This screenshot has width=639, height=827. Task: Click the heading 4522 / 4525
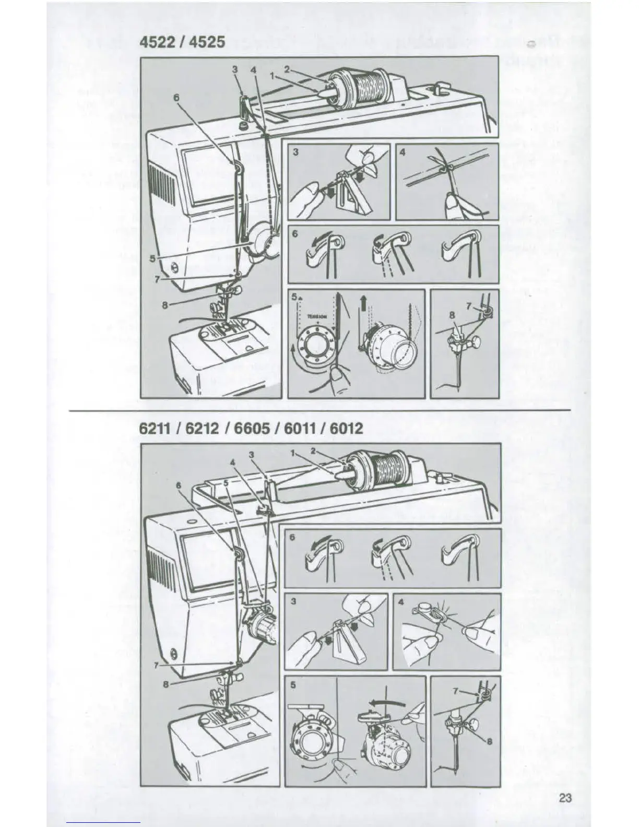(182, 42)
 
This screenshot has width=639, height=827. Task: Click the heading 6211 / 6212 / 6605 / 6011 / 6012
(251, 429)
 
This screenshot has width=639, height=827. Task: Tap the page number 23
(565, 797)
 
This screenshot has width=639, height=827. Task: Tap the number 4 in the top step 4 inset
(403, 152)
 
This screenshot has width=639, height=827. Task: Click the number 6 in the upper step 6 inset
(295, 234)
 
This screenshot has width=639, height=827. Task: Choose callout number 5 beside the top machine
(152, 258)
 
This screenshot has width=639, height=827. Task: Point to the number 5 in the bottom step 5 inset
(293, 685)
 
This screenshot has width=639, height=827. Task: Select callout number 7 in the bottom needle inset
(455, 691)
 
